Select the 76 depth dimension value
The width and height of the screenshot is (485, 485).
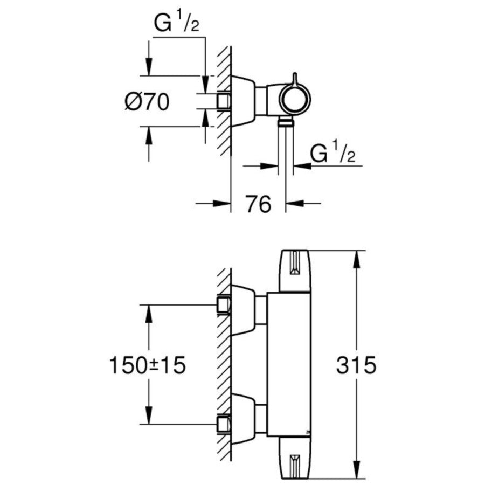point(258,204)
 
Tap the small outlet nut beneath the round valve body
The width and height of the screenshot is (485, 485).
point(286,124)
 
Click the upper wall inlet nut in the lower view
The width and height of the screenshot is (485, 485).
point(223,305)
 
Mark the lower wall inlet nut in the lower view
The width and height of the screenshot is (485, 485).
point(223,424)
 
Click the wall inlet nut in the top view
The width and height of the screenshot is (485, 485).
point(223,101)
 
